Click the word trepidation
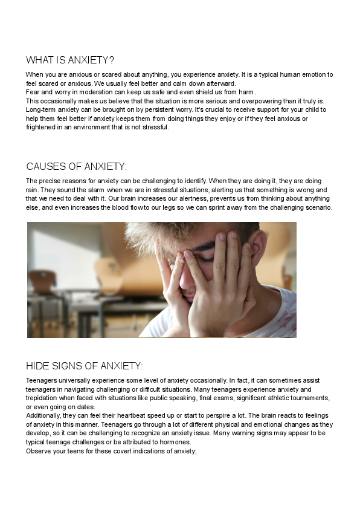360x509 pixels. [x=43, y=398]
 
